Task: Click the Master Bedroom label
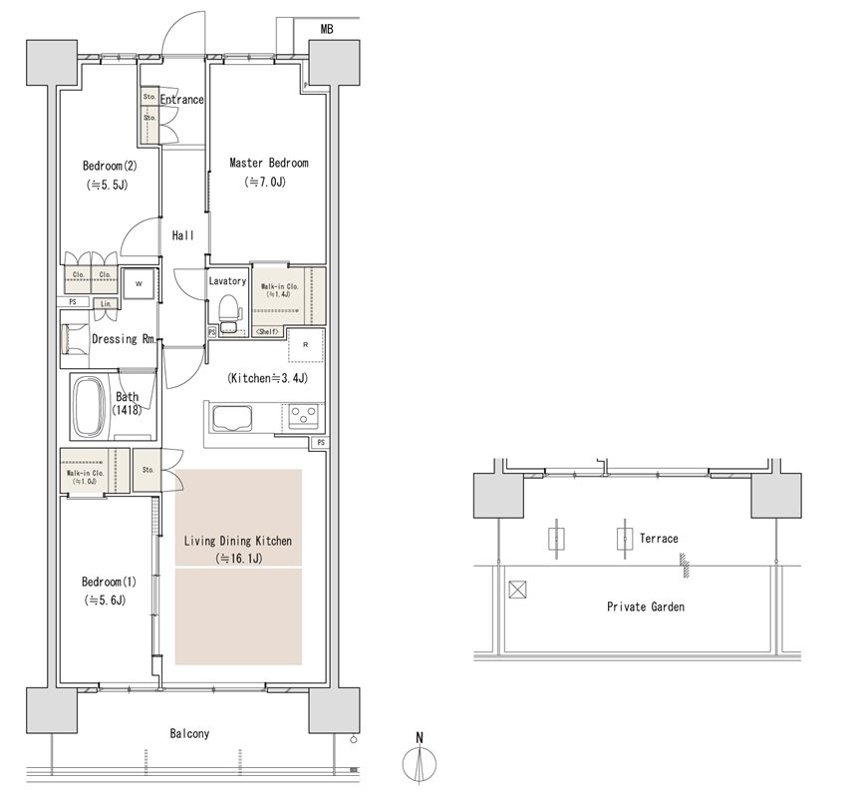pos(269,163)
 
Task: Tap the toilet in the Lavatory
pos(230,313)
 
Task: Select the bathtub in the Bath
pos(90,405)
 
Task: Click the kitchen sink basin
pos(232,419)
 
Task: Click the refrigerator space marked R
pos(305,345)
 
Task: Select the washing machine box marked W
pos(140,283)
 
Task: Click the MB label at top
pos(327,29)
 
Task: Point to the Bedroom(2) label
pos(110,166)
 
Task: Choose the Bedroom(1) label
pos(109,582)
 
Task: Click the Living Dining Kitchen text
pos(238,541)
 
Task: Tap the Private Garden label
pos(646,606)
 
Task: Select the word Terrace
pos(659,539)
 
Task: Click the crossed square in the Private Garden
pos(517,591)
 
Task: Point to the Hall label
pos(182,235)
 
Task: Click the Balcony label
pos(189,733)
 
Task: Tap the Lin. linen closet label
pos(106,304)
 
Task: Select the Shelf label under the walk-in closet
pos(268,331)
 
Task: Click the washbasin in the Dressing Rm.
pos(74,339)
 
